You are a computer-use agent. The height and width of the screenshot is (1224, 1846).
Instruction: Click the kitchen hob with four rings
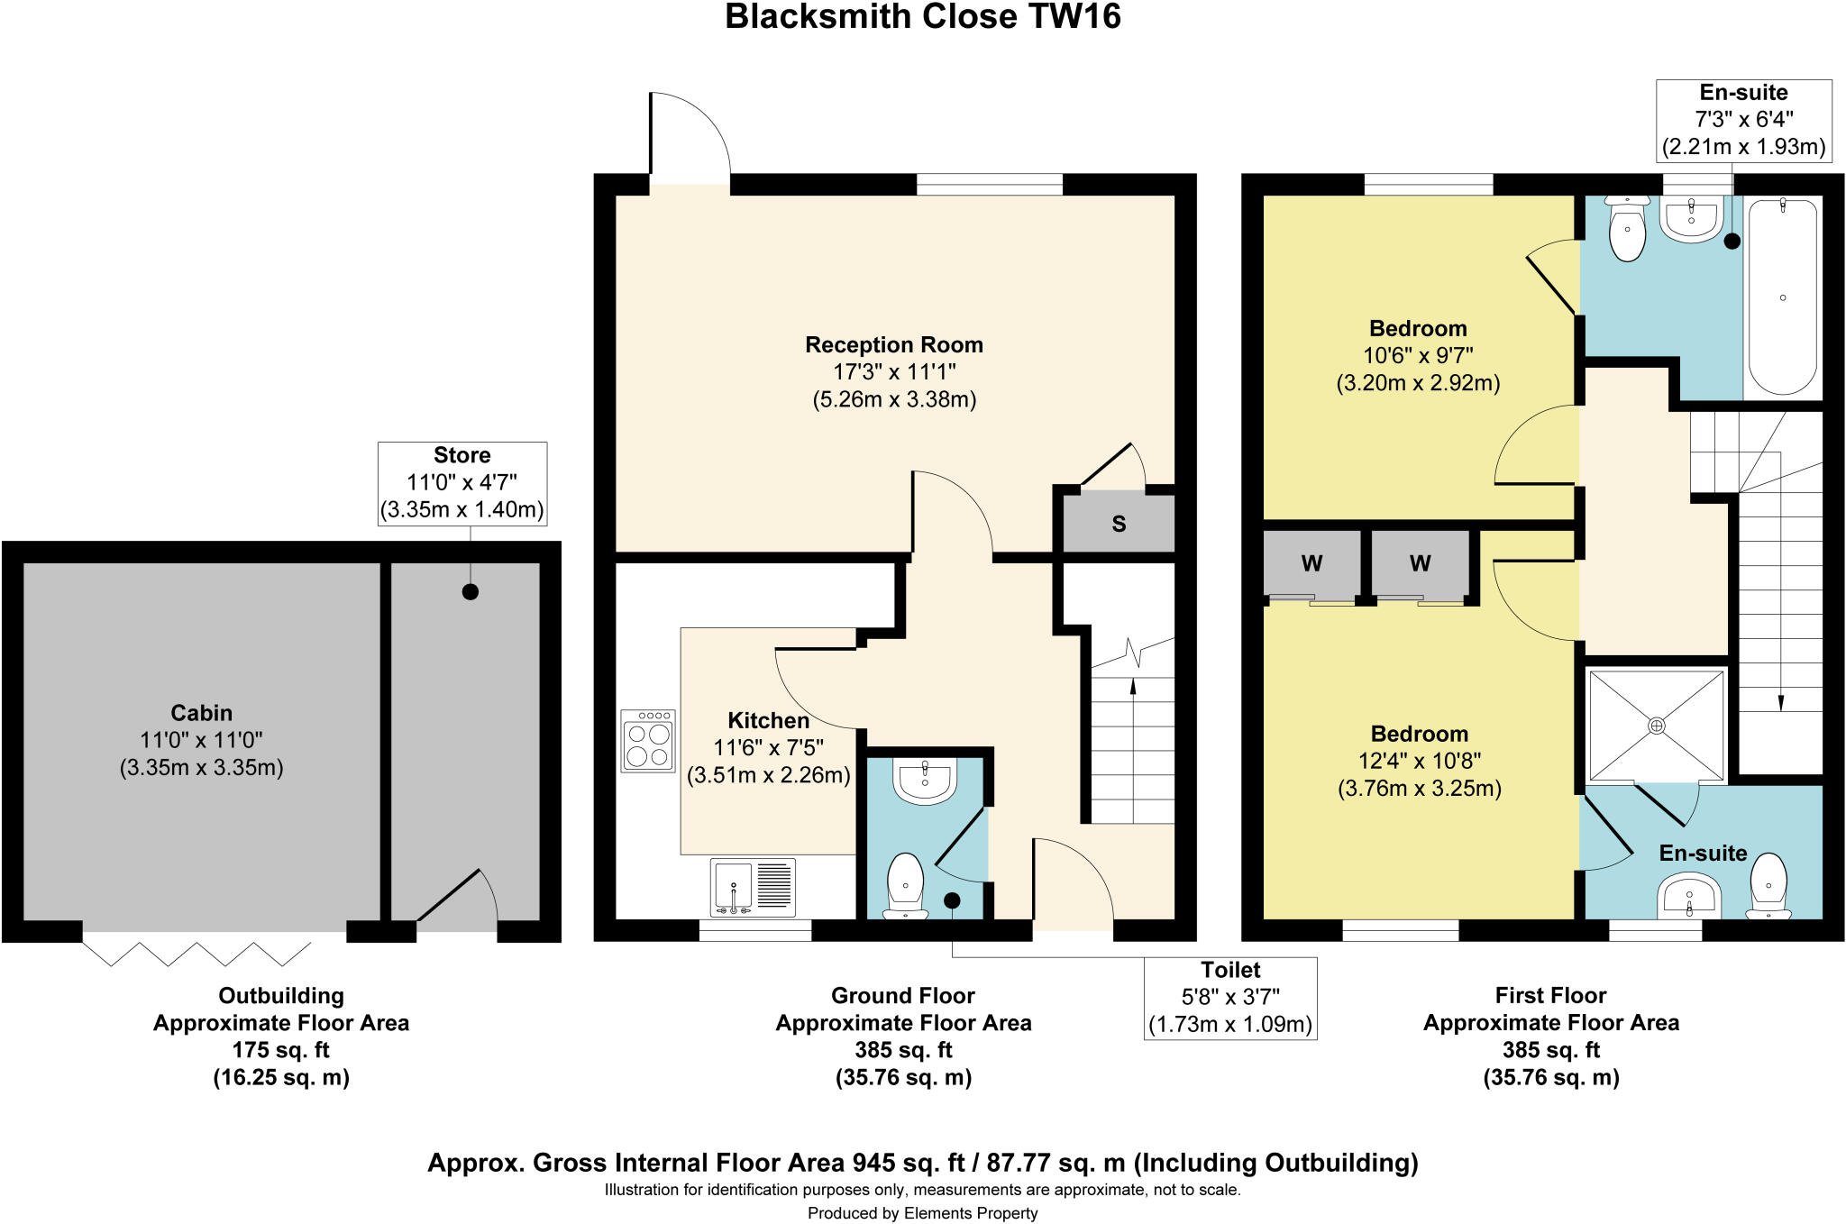[x=647, y=740]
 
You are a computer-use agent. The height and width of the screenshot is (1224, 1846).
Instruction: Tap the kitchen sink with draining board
[x=753, y=887]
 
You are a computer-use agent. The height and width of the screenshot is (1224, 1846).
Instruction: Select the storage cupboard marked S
[x=1119, y=523]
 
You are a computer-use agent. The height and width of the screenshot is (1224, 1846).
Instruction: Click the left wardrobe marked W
[x=1311, y=564]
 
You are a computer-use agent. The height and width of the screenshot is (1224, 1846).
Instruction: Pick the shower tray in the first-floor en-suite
[x=1656, y=725]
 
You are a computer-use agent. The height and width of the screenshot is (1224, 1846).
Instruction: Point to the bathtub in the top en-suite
[x=1782, y=297]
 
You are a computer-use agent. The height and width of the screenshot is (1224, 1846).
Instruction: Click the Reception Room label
[x=893, y=345]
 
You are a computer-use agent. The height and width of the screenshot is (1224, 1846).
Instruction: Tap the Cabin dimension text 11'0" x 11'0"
[x=201, y=740]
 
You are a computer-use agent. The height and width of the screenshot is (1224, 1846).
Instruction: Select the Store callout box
[x=461, y=483]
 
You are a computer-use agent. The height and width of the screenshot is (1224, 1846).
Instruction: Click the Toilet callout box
[x=1229, y=998]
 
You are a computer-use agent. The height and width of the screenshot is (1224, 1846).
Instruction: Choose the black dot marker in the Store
[x=470, y=592]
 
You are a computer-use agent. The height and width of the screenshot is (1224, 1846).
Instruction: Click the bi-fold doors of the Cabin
[x=196, y=953]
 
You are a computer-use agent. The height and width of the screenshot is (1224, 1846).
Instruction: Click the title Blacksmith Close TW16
[x=922, y=17]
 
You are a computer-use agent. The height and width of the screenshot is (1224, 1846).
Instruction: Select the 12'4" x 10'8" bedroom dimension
[x=1419, y=761]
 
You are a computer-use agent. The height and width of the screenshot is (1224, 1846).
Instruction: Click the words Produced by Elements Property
[x=922, y=1213]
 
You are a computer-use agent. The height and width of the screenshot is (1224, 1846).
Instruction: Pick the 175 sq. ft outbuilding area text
[x=280, y=1050]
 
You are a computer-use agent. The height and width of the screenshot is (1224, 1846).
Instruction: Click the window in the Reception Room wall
[x=989, y=185]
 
